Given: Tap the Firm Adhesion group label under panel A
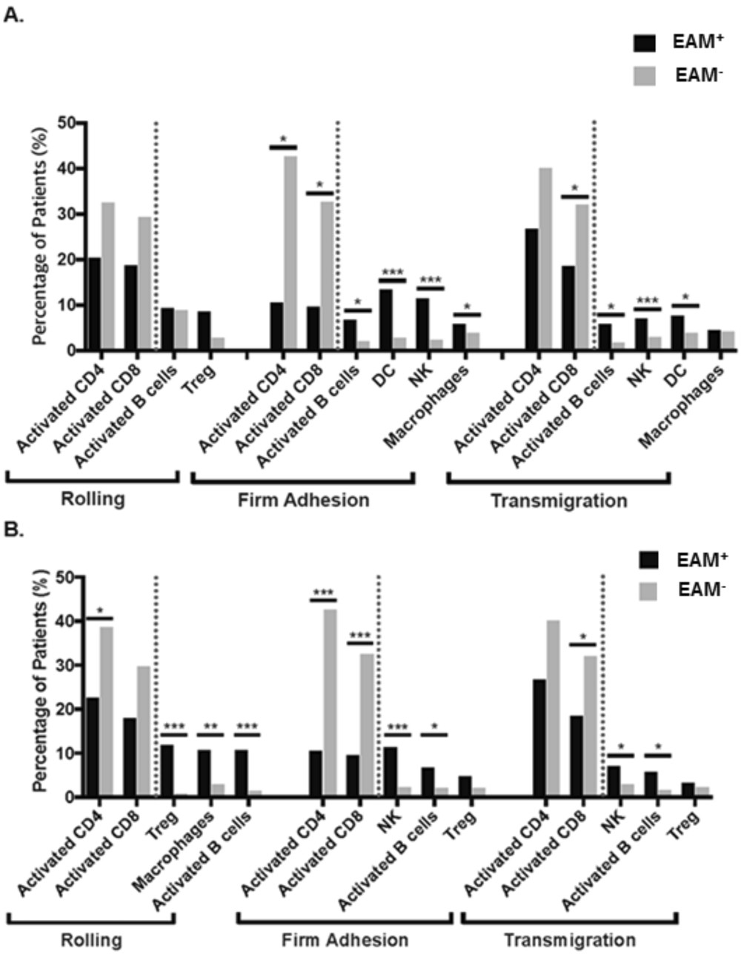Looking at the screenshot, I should click(x=303, y=501).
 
